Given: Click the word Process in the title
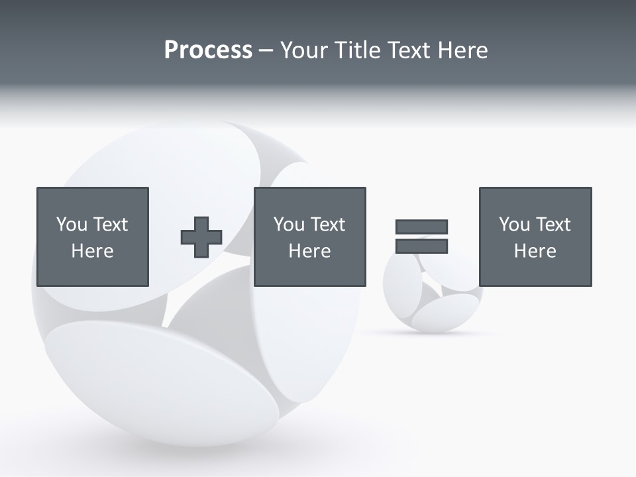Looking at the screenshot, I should (208, 50).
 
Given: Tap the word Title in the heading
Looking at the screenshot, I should (358, 50).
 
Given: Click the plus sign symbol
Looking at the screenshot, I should (201, 237).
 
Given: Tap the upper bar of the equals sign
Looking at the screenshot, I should (421, 227).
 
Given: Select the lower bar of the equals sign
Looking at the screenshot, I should (421, 246).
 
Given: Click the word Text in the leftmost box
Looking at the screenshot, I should (110, 225).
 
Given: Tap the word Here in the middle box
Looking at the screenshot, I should (309, 251).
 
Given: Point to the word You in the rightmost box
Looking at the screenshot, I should (514, 225).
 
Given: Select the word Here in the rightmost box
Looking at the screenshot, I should (535, 251).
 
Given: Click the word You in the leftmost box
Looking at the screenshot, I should (72, 225).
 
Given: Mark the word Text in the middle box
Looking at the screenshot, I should (327, 225).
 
